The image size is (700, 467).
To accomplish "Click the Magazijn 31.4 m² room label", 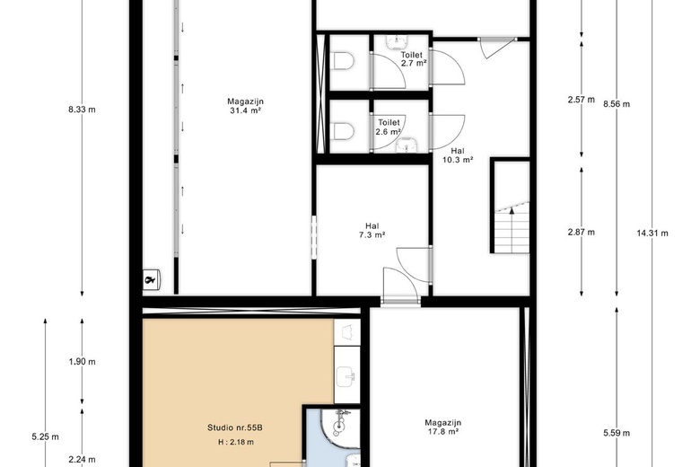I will point(246,107).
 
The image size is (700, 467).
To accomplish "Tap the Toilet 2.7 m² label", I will point(412,59).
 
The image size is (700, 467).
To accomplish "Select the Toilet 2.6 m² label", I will point(389,127).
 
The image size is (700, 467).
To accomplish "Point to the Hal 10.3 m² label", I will point(458,155).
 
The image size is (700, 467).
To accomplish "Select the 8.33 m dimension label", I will point(82,110).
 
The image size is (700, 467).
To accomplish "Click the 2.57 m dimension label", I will point(582,100).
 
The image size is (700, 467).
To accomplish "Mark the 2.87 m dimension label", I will point(582,233).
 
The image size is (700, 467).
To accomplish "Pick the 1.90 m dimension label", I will point(82,362).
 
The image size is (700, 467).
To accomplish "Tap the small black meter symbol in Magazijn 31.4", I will point(153,280).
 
